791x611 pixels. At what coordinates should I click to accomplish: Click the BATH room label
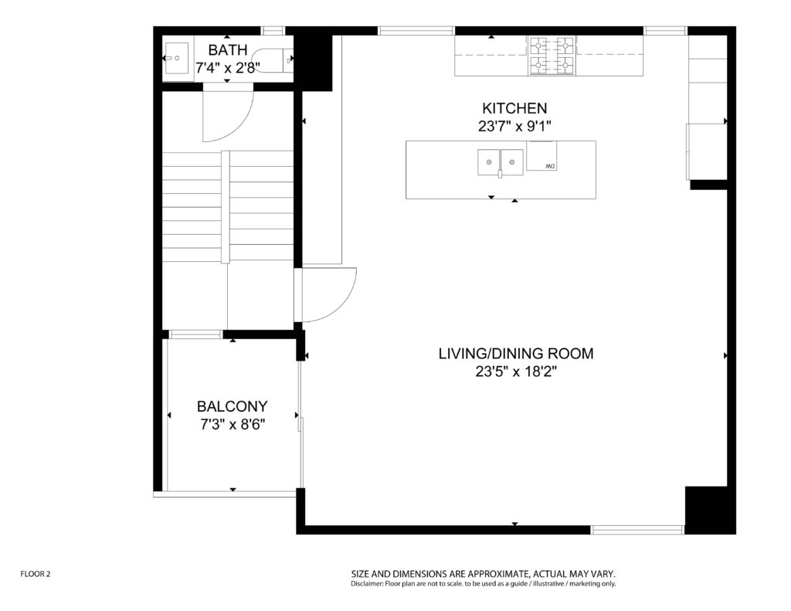(x=228, y=50)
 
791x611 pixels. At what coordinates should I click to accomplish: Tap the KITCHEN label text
(x=514, y=108)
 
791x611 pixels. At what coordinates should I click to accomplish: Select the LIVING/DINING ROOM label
(x=515, y=354)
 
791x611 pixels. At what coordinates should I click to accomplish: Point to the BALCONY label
(x=232, y=406)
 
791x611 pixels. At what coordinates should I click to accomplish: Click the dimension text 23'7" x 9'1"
(x=514, y=126)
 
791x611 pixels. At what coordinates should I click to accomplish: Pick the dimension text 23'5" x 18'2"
(x=515, y=372)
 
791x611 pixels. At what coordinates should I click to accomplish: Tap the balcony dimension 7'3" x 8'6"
(x=233, y=424)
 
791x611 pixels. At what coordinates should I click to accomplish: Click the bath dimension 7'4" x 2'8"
(x=228, y=68)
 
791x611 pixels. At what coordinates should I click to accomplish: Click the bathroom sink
(x=177, y=59)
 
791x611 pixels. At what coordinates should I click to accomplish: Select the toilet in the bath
(x=273, y=60)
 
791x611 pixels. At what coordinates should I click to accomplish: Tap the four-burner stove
(x=552, y=56)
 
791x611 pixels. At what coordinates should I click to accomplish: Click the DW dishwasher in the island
(x=541, y=156)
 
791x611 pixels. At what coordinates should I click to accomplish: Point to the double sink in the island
(x=501, y=162)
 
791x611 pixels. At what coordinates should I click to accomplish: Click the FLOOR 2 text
(x=36, y=574)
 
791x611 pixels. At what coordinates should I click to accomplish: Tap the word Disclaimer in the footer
(x=367, y=584)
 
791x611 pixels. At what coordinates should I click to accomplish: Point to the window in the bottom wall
(x=637, y=530)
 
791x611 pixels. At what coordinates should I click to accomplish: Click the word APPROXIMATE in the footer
(x=498, y=574)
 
